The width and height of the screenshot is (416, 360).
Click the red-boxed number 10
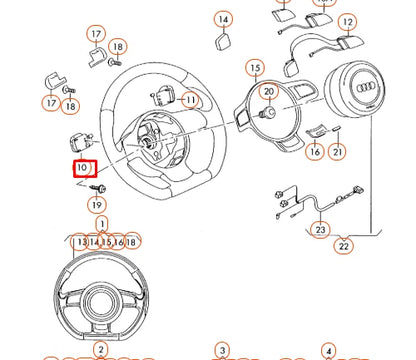coord(82,169)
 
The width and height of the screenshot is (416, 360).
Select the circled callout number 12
coord(347,21)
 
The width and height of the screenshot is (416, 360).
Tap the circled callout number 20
coord(268,92)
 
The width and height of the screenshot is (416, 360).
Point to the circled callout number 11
coord(188,99)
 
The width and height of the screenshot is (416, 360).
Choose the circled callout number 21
coord(338,152)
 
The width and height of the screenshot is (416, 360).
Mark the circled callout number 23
coord(320,230)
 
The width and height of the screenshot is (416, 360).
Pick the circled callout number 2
coord(101,350)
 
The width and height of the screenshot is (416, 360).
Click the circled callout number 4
coord(328,350)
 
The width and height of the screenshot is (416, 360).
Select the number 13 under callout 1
coord(81,242)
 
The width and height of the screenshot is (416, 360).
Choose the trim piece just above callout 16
coord(316,131)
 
